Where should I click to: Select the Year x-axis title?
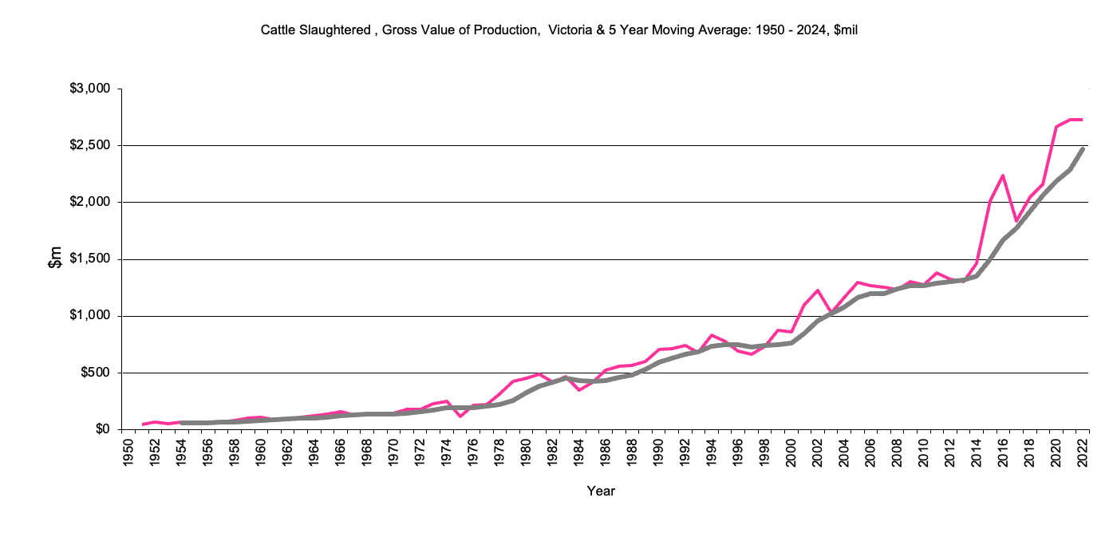coord(601,491)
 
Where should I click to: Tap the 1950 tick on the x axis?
coord(126,451)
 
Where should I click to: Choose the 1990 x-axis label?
coord(659,451)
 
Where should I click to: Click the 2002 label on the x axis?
coord(818,451)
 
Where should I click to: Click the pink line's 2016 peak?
coord(1003,176)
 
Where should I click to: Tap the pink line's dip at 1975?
coord(460,417)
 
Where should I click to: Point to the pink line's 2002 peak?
coord(818,290)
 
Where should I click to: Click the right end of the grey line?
coord(1083,149)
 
